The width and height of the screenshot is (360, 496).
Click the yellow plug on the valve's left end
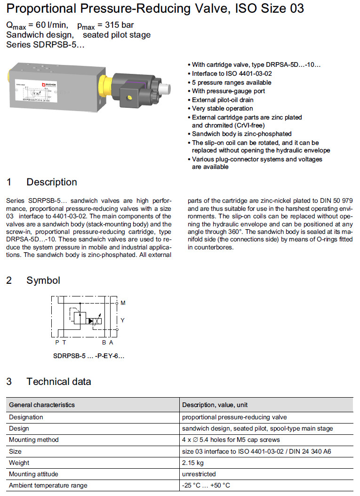(10, 75)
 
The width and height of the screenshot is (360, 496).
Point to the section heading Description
(52, 182)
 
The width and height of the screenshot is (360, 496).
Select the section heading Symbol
(43, 280)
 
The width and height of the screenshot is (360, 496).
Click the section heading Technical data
(58, 381)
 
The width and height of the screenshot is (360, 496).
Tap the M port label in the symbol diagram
(123, 303)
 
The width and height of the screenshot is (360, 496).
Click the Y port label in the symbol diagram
(123, 320)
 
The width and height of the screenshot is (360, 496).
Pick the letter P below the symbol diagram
(57, 343)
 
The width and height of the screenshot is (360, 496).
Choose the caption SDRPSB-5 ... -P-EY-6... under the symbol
(89, 356)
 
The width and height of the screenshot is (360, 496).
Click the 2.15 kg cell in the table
(193, 463)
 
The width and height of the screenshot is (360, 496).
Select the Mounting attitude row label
(34, 474)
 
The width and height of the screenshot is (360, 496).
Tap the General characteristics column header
(42, 405)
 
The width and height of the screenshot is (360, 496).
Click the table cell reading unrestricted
(199, 474)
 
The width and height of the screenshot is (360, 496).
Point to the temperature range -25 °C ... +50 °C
(206, 485)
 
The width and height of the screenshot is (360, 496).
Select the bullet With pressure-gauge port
(228, 91)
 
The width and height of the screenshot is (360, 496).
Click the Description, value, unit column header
(215, 405)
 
